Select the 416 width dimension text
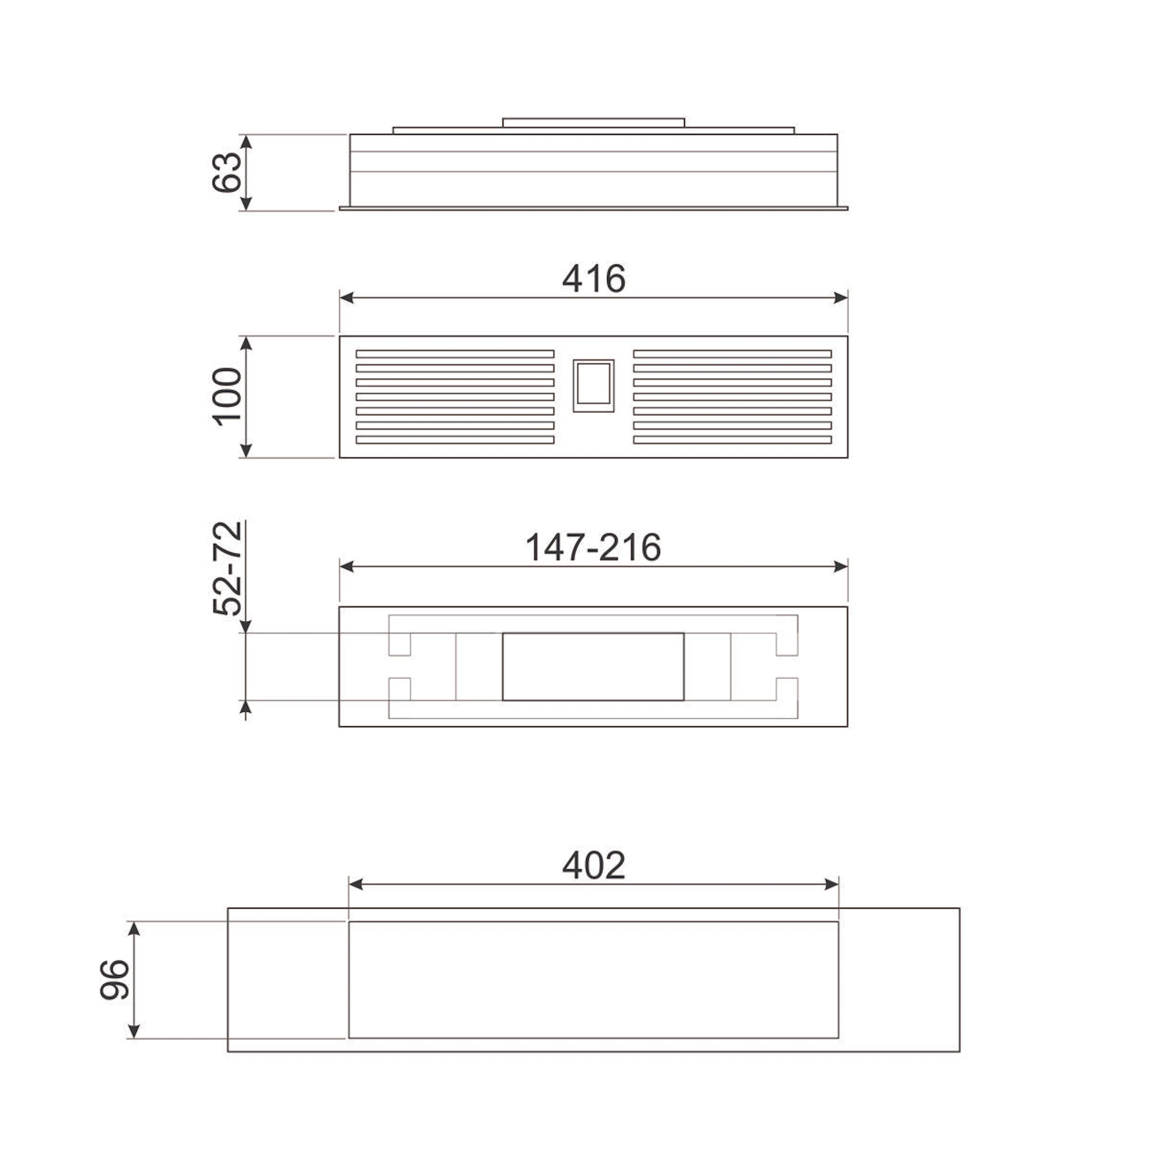tap(594, 278)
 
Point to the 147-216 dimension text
tap(593, 547)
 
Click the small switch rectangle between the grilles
tap(593, 386)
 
